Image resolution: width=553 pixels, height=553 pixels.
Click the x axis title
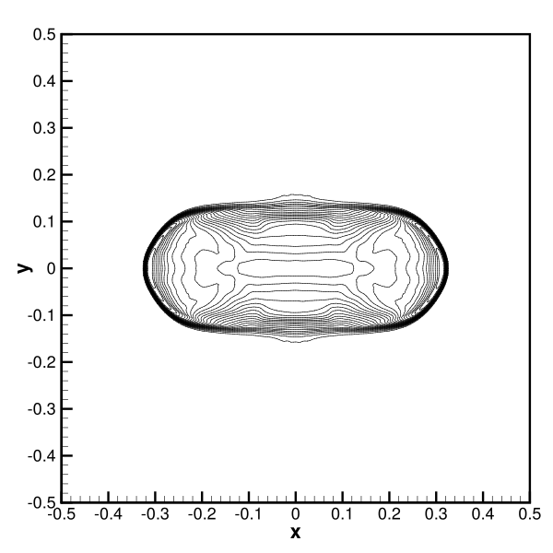pyautogui.click(x=296, y=532)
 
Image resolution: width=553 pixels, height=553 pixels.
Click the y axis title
pyautogui.click(x=24, y=268)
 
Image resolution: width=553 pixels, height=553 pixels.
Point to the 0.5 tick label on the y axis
pyautogui.click(x=44, y=35)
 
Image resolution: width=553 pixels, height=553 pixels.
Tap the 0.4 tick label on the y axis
pyautogui.click(x=44, y=81)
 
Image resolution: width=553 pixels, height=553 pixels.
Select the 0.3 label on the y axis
pyautogui.click(x=44, y=128)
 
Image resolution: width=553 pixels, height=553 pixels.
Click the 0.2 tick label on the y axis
pyautogui.click(x=44, y=175)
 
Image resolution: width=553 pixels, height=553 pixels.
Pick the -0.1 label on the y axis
pyautogui.click(x=41, y=315)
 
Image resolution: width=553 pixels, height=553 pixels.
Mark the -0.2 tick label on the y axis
pyautogui.click(x=41, y=362)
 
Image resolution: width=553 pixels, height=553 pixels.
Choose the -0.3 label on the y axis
pyautogui.click(x=41, y=409)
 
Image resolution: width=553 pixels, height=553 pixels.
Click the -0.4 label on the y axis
pyautogui.click(x=41, y=456)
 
